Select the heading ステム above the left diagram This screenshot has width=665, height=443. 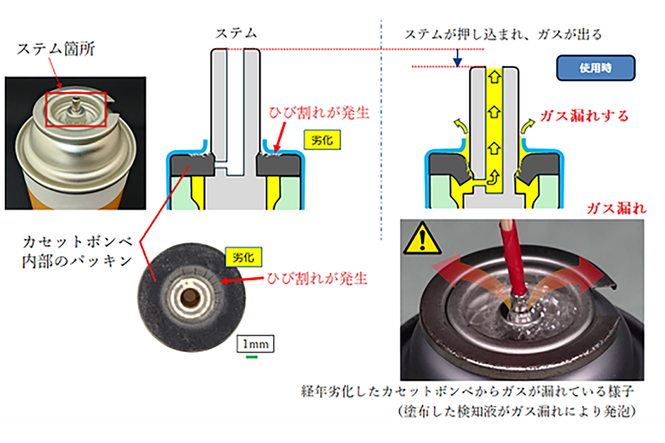[236, 33]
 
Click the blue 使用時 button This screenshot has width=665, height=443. [595, 68]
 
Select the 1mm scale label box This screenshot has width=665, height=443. [255, 344]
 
